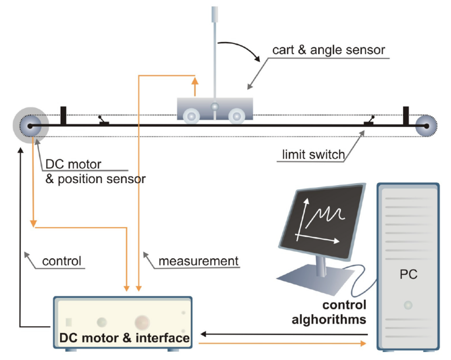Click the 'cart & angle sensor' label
(x=329, y=50)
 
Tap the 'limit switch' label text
(x=313, y=155)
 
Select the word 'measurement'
(x=199, y=261)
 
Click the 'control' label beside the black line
(x=62, y=261)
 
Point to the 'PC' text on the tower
(x=408, y=274)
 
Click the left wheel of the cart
(x=191, y=117)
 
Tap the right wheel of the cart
(x=237, y=116)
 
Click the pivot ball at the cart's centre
(x=215, y=107)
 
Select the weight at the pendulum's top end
(x=215, y=15)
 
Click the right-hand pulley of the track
(x=426, y=126)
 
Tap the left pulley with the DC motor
(x=31, y=126)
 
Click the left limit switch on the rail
(x=103, y=121)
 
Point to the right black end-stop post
(x=406, y=116)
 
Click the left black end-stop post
(x=63, y=116)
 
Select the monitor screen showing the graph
(x=321, y=221)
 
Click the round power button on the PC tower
(x=408, y=305)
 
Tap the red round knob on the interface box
(x=142, y=322)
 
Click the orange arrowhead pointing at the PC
(x=363, y=343)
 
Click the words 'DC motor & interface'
(x=124, y=338)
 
